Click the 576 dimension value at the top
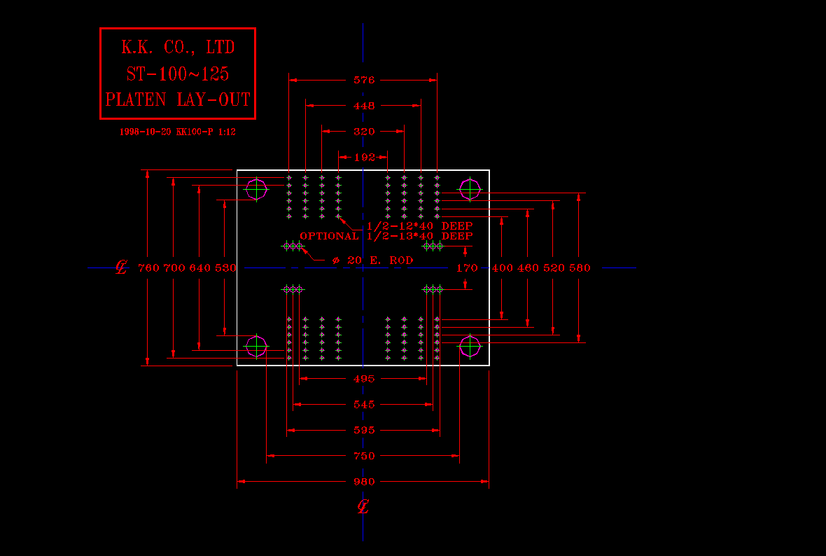364,81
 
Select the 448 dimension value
364,106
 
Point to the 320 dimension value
364,132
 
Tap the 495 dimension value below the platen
364,379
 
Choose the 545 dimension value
364,405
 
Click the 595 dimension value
364,431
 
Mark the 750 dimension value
364,456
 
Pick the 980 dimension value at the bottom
364,482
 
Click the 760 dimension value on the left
148,267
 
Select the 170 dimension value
467,267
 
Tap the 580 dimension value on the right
580,267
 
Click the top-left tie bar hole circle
256,189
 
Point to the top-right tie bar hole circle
470,189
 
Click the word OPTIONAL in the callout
329,236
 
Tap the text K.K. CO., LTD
178,48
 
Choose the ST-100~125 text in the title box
178,74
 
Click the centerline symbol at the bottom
363,507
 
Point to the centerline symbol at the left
121,267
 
